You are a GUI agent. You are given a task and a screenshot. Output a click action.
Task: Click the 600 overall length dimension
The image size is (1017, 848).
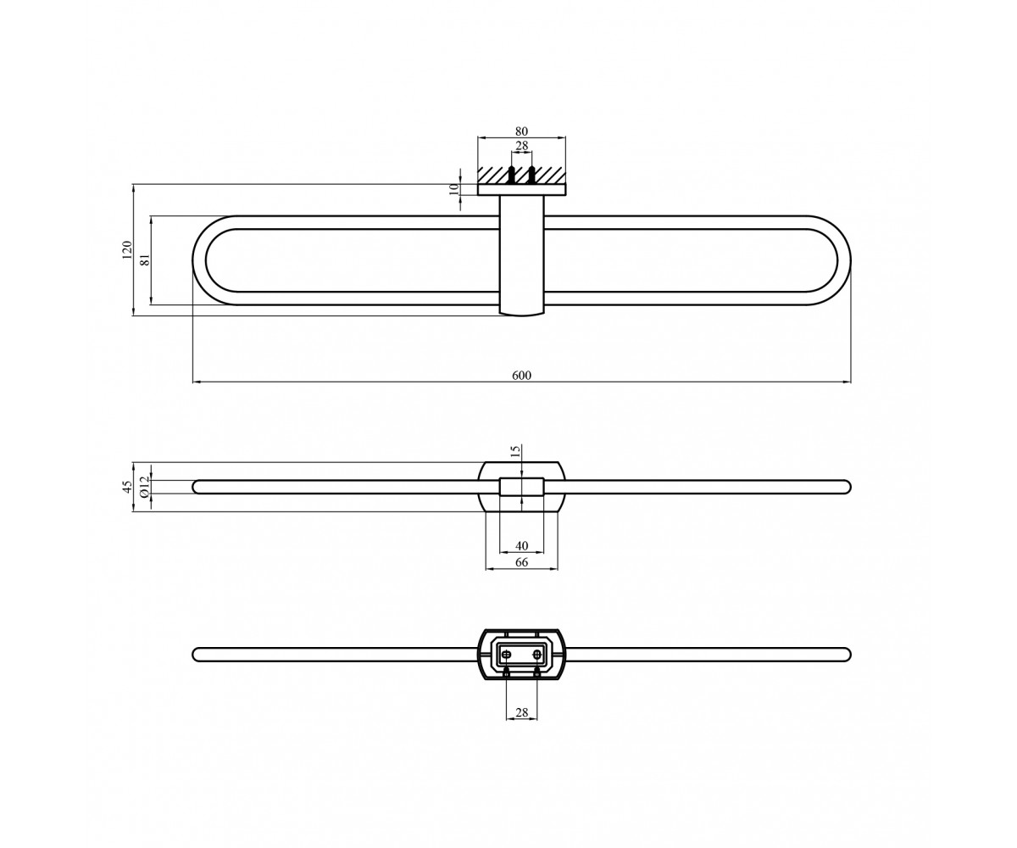(521, 376)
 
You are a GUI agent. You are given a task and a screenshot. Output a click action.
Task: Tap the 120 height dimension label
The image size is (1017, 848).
(128, 249)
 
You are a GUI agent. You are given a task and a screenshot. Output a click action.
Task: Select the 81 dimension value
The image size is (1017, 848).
(145, 259)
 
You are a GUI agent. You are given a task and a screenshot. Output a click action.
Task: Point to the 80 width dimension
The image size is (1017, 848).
(521, 131)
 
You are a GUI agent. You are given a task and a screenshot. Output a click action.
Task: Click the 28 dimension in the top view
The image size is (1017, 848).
(521, 146)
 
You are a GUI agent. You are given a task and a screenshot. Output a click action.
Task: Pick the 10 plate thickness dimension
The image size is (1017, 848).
(454, 188)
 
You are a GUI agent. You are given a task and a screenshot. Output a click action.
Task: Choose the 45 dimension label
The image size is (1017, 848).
(128, 487)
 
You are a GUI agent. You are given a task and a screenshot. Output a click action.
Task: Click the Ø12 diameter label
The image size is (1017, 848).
(144, 487)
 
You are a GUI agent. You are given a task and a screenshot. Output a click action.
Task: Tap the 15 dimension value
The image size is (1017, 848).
(516, 450)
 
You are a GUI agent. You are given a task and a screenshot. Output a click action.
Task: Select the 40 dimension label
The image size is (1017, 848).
(521, 546)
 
